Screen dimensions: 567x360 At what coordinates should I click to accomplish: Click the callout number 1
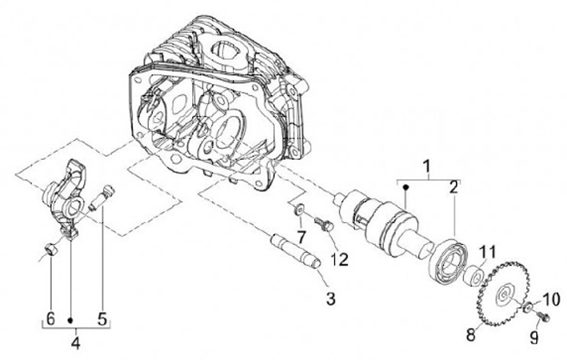[x=428, y=167]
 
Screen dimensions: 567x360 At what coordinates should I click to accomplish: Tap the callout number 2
[x=454, y=187]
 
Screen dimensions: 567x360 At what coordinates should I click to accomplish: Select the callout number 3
[x=331, y=299]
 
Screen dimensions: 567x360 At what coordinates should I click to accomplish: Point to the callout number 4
[x=76, y=343]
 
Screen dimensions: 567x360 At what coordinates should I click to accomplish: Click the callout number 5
[x=102, y=318]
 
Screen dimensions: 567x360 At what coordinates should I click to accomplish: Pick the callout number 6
[x=50, y=318]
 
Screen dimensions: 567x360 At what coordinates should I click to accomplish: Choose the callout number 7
[x=301, y=237]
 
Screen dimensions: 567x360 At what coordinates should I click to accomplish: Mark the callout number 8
[x=470, y=335]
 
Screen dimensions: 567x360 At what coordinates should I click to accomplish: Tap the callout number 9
[x=535, y=338]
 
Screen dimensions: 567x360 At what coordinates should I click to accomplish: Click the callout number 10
[x=551, y=299]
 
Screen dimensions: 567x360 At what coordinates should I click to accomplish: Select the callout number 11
[x=487, y=252]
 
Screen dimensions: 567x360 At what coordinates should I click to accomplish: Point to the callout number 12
[x=339, y=259]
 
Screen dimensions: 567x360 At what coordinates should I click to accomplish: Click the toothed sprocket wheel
[x=504, y=295]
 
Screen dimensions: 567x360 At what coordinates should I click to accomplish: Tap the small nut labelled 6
[x=49, y=250]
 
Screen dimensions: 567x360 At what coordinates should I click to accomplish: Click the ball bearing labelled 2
[x=449, y=260]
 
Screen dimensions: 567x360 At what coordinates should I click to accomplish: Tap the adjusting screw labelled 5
[x=102, y=198]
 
